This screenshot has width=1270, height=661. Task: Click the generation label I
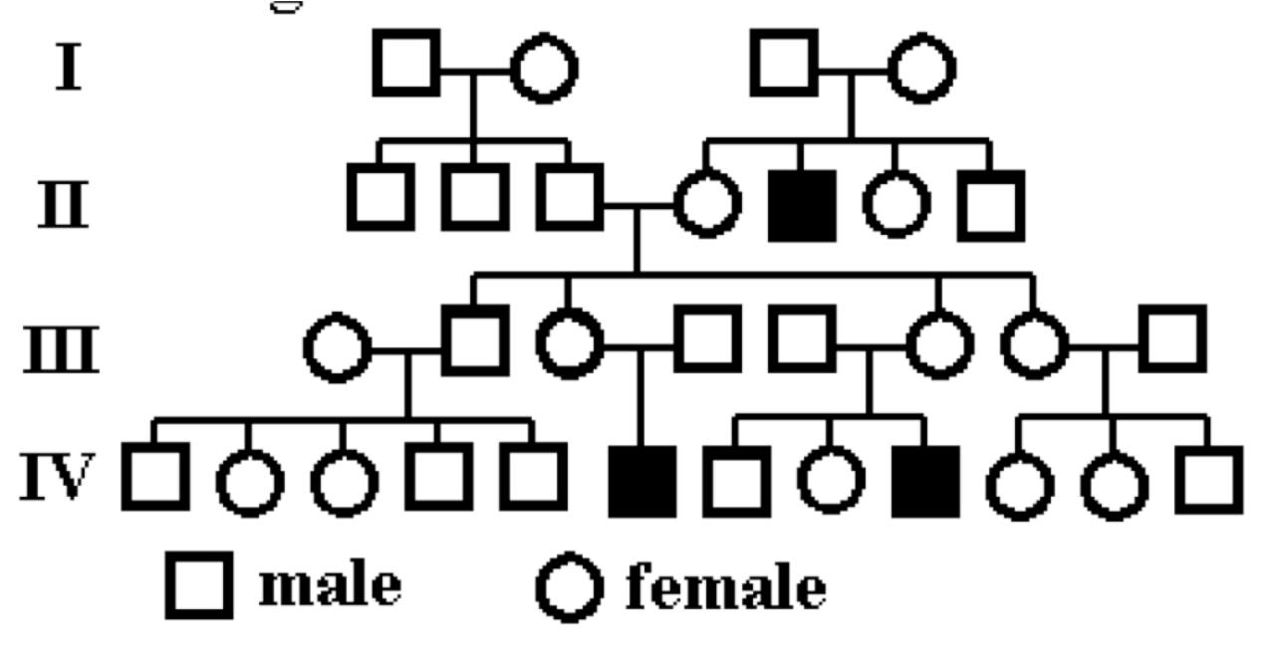tap(68, 70)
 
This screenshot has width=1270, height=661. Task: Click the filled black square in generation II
tap(803, 204)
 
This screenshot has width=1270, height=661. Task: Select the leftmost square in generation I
tap(407, 63)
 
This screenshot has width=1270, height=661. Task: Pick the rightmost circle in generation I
tap(923, 70)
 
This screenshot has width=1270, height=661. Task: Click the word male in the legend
tap(330, 586)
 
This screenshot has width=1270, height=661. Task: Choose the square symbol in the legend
tap(200, 585)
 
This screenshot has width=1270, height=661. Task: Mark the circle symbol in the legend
tap(570, 587)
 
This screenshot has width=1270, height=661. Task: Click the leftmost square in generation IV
tap(155, 475)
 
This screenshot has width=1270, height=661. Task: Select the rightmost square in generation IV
tap(1208, 480)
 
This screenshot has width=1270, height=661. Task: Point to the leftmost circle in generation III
tap(337, 350)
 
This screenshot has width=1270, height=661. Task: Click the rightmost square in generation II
tap(990, 205)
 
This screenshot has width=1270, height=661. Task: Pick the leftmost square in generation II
tap(380, 196)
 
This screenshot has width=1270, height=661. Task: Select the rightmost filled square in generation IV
tap(925, 481)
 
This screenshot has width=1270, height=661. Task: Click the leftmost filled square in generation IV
tap(642, 481)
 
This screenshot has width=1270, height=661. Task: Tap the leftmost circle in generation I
tap(544, 70)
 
